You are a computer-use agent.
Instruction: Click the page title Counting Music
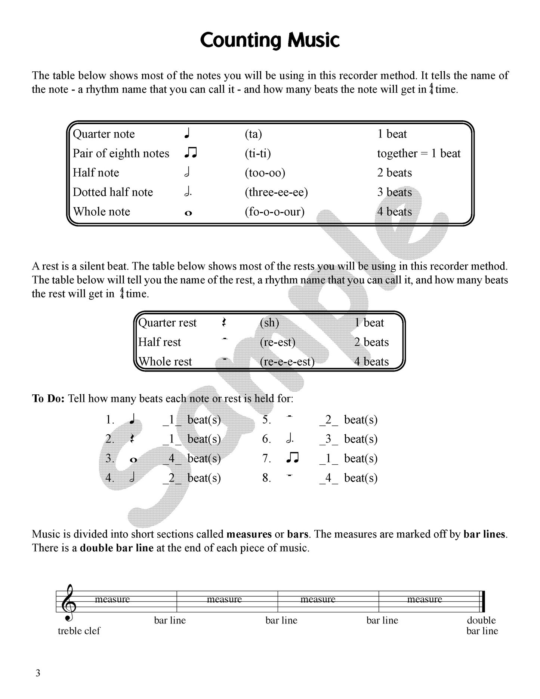(269, 40)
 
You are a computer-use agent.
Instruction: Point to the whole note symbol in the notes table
(188, 213)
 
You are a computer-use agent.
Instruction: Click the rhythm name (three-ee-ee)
(276, 192)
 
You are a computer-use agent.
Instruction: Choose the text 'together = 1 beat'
(419, 153)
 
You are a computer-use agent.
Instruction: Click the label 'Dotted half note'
(113, 192)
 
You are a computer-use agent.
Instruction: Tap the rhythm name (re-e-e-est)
(287, 361)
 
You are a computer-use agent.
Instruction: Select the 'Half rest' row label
(159, 342)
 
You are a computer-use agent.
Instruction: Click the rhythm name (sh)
(269, 323)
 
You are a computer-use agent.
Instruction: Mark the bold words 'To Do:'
(48, 398)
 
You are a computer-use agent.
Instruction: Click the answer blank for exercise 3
(172, 458)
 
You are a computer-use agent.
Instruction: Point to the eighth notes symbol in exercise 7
(292, 458)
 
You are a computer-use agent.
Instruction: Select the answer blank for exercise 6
(328, 439)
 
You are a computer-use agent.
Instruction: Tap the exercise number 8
(266, 478)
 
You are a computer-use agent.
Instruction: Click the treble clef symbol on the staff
(70, 603)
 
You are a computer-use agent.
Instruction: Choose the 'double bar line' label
(482, 626)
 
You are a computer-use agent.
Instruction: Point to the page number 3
(38, 673)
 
